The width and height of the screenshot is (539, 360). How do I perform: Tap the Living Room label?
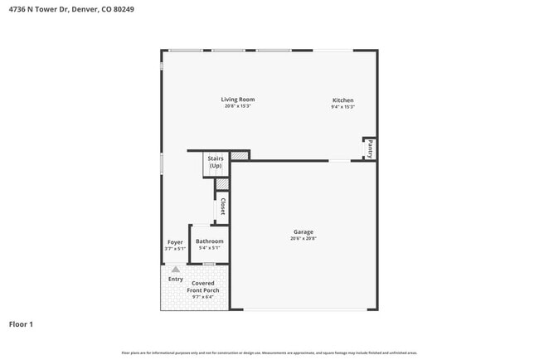pos(237,100)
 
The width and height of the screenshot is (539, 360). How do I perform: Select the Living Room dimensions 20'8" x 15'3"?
pos(237,106)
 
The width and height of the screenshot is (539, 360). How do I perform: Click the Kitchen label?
pos(343,100)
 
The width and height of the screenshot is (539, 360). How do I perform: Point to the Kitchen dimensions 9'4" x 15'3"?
pos(343,107)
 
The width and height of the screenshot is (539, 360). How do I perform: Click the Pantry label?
pos(370,149)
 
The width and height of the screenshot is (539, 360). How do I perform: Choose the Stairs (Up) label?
pos(216,162)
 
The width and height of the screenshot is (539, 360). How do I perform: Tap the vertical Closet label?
pos(222,207)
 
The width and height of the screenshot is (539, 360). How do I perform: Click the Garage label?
pos(303,231)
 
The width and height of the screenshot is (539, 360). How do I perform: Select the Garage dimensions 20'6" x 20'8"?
pos(303,238)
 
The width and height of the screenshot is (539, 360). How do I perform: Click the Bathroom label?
pos(209,241)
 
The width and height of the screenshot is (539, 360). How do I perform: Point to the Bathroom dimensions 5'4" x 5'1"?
pos(209,247)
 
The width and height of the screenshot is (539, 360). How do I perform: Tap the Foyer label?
pos(175,241)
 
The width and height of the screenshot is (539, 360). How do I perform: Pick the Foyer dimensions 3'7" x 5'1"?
pos(175,247)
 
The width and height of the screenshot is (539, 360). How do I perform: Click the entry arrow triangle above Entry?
pos(175,269)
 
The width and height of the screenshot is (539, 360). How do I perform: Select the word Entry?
pos(176,279)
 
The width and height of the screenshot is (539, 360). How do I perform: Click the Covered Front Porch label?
pos(203,287)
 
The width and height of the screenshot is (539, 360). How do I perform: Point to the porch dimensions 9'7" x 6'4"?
pos(203,297)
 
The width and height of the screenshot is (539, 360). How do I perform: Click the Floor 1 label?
pos(21,324)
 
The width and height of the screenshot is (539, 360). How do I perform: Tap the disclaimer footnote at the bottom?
pos(269,353)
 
